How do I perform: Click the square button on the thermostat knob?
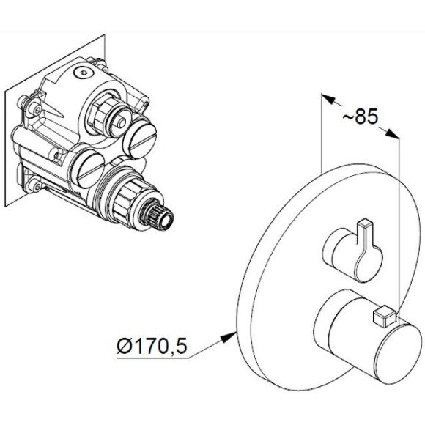coord(382,317)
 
